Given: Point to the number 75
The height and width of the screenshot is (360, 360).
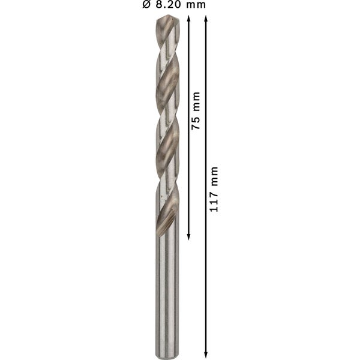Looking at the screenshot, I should click(196, 122).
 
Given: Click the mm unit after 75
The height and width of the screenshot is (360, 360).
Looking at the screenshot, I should click(196, 102).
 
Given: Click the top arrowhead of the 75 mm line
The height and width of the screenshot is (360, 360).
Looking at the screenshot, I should click(188, 19).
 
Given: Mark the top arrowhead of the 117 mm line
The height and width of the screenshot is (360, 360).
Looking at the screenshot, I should click(207, 19).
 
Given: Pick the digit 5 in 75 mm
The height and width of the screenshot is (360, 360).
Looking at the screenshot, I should click(196, 119).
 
